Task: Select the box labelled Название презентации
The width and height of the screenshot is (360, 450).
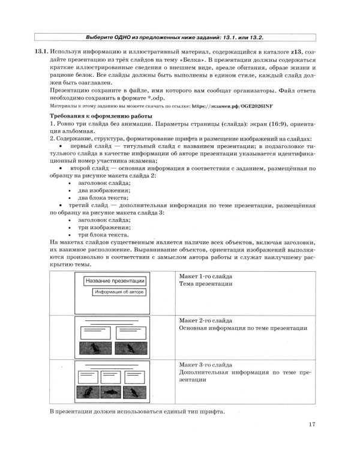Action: [115, 281]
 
